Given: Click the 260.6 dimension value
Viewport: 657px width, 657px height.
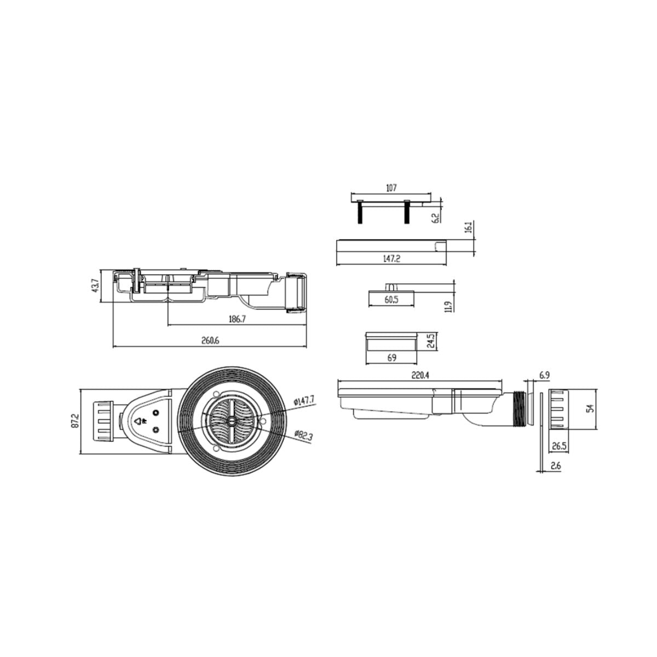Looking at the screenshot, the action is [210, 340].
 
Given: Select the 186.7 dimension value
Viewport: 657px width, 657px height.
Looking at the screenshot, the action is [237, 319].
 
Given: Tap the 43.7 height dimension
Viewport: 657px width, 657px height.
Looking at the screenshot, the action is [95, 285].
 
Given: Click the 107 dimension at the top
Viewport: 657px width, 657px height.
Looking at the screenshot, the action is [391, 188].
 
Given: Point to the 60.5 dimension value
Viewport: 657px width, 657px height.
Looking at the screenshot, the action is [391, 299].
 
